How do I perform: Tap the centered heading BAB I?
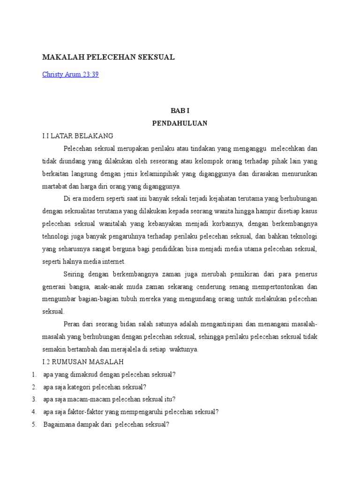coord(180,111)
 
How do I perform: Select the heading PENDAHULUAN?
coord(180,123)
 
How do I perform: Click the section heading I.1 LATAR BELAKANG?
coord(78,136)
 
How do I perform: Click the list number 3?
coord(34,399)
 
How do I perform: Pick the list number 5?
coord(34,425)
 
